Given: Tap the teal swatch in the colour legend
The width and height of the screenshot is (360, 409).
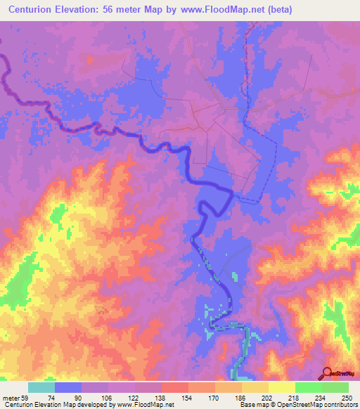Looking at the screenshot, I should [41, 387].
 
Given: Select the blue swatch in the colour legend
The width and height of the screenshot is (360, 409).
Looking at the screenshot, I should [68, 387].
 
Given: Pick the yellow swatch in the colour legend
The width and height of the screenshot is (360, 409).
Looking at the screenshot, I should [281, 387].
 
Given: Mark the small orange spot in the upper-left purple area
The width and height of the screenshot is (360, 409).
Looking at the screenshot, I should [89, 60].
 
